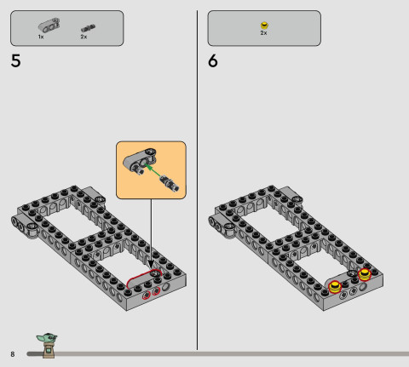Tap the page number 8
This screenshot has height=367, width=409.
tap(13, 353)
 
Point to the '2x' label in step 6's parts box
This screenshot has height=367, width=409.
tap(263, 33)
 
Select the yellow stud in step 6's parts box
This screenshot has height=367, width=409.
tap(264, 26)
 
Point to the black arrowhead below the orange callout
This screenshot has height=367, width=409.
tap(153, 262)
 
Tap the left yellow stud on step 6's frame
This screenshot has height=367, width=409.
tap(337, 285)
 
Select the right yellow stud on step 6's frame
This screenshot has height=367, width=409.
tap(366, 274)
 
